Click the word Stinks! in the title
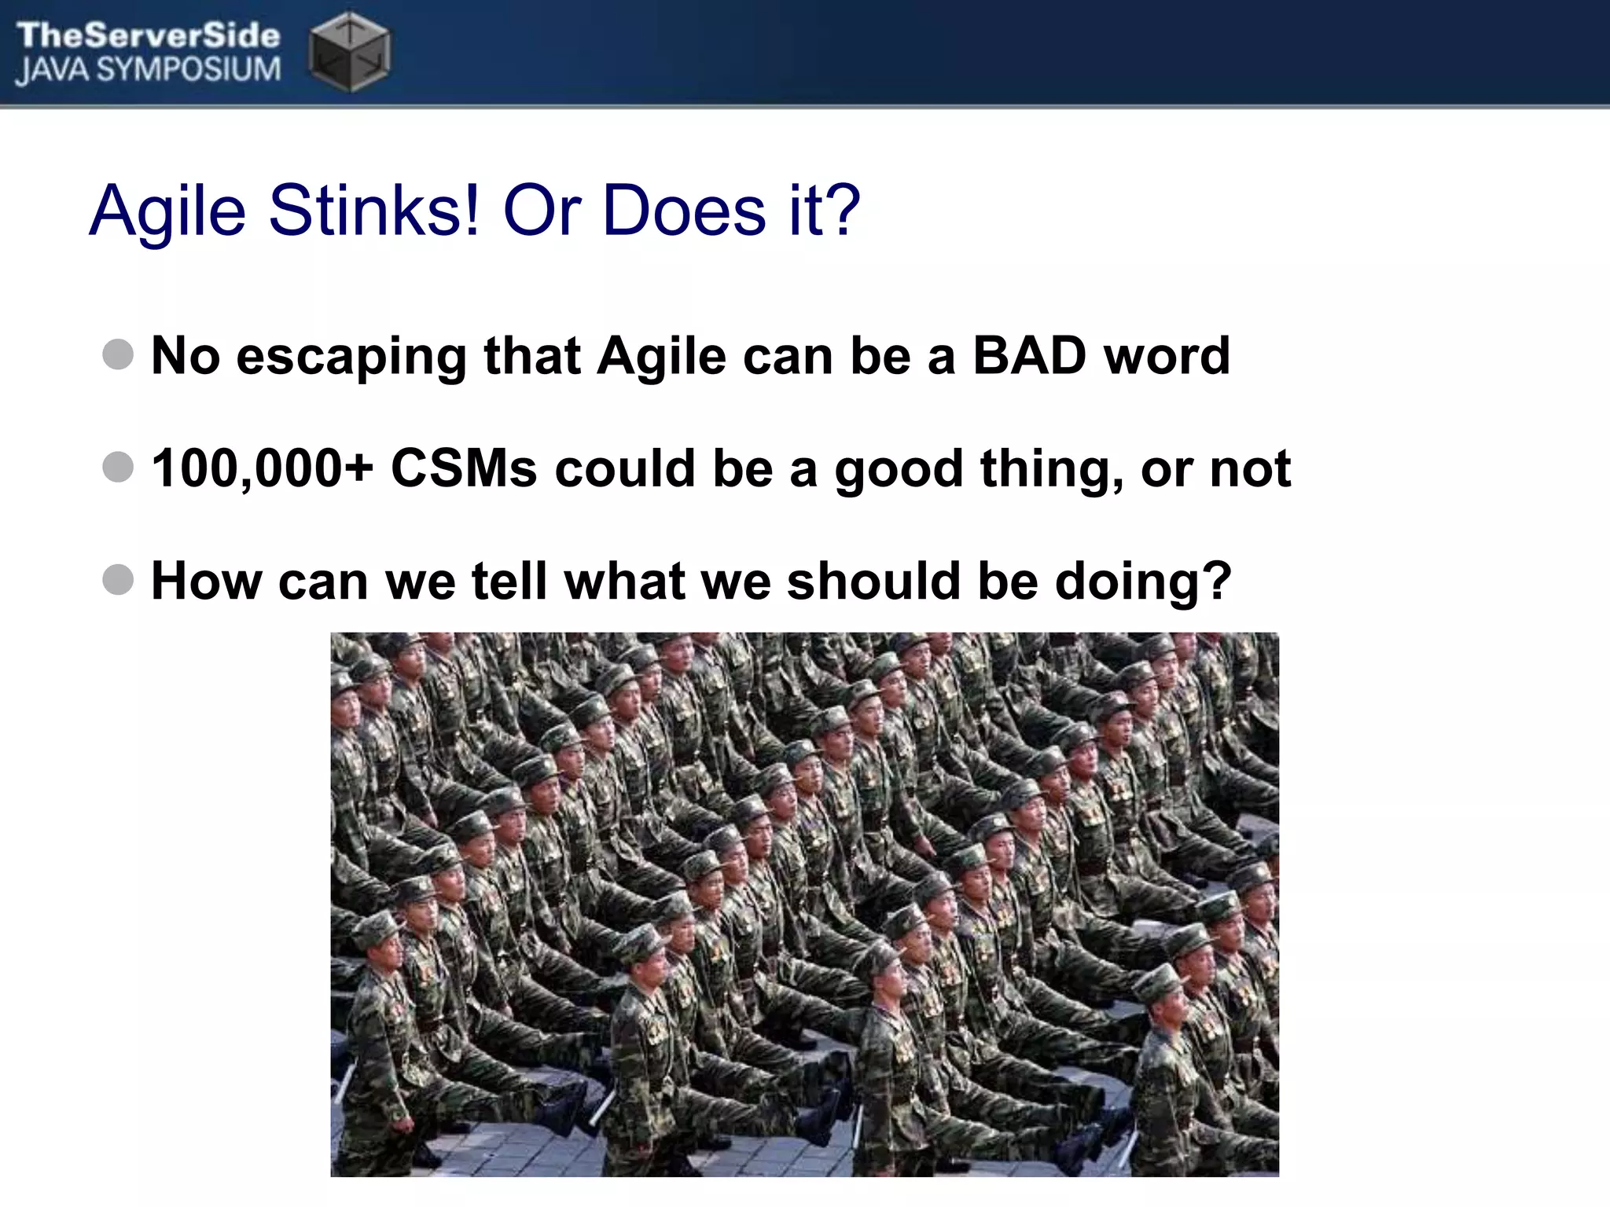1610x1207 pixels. pos(373,211)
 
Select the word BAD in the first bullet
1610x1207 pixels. pos(1029,356)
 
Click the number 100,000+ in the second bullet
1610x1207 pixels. pos(262,468)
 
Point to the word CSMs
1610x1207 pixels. pos(465,468)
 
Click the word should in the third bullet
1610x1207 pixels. pos(873,581)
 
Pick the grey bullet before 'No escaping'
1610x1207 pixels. pos(118,354)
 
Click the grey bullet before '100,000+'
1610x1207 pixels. pos(118,467)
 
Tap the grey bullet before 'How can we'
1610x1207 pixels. pos(118,580)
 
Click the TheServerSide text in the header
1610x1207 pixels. pos(148,35)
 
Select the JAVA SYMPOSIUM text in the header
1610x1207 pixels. pos(148,70)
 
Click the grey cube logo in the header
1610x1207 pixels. pos(349,52)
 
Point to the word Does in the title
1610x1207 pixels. pos(684,211)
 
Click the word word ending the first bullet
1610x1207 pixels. pos(1167,356)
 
